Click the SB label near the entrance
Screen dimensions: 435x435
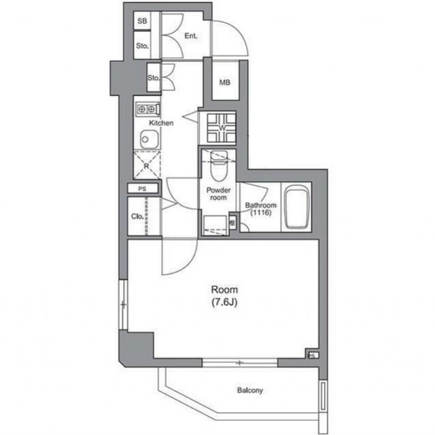click(x=142, y=21)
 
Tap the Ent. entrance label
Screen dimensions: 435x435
click(x=191, y=36)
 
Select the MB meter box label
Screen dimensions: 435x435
click(x=225, y=82)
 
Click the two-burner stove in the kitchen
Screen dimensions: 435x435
click(x=148, y=109)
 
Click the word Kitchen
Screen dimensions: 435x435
click(x=161, y=123)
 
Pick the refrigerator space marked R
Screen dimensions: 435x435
click(x=147, y=165)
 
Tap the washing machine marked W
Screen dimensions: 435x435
click(x=222, y=128)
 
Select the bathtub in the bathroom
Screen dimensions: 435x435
click(x=297, y=207)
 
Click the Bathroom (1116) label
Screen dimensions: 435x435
click(x=261, y=209)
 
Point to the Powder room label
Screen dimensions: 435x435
click(x=218, y=194)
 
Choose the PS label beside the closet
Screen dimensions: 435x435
click(x=142, y=189)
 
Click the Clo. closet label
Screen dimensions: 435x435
click(x=137, y=216)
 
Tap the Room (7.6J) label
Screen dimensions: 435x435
click(x=224, y=295)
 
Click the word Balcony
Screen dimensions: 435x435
click(x=249, y=390)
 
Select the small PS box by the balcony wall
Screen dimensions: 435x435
click(x=312, y=355)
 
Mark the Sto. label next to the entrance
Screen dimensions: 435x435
click(x=142, y=46)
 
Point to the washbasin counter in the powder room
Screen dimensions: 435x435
click(x=215, y=225)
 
